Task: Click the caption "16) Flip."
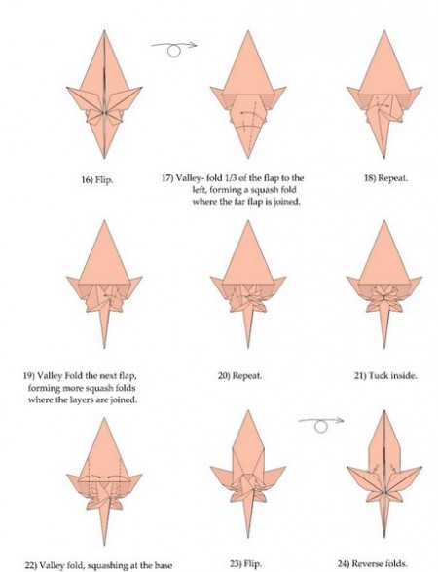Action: [96, 179]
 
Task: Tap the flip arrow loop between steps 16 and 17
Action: [174, 51]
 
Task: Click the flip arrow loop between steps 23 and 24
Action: [320, 427]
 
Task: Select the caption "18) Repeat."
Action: [385, 178]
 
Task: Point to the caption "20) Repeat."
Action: [239, 375]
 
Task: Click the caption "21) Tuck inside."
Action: [385, 375]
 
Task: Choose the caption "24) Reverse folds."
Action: [372, 563]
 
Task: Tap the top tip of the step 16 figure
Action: [104, 30]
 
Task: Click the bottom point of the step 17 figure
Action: [248, 158]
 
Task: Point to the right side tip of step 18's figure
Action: [422, 87]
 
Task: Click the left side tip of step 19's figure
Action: [67, 277]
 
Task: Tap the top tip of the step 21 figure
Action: [384, 220]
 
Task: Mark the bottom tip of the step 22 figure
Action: [105, 546]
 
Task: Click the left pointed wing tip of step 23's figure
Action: [210, 468]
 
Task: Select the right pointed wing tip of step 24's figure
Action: [422, 467]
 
